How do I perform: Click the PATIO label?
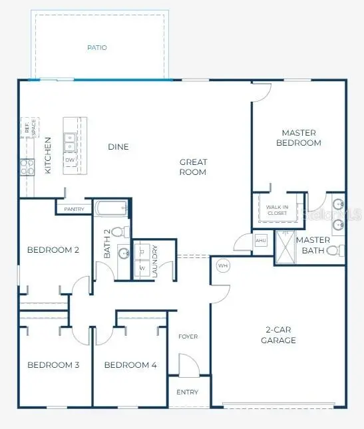coord(97,48)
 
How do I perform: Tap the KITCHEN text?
coord(48,156)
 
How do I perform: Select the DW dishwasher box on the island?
coord(70,160)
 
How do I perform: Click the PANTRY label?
coord(73,209)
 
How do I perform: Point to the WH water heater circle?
coord(223,266)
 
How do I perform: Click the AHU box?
coord(261,240)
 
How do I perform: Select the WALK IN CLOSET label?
coord(277,210)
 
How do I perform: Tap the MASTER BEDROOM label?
coord(298,138)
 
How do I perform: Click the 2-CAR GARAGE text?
coord(278,335)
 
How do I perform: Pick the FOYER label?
coord(188,337)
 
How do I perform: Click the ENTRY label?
coord(188,392)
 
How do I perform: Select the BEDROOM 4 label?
coord(130,364)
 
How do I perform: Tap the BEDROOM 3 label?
coord(53,364)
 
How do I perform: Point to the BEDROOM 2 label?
coord(53,250)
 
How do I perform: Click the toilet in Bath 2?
coord(118,232)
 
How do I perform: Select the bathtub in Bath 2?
coord(111,209)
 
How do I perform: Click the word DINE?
coord(118,147)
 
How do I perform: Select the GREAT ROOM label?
coord(194,167)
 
